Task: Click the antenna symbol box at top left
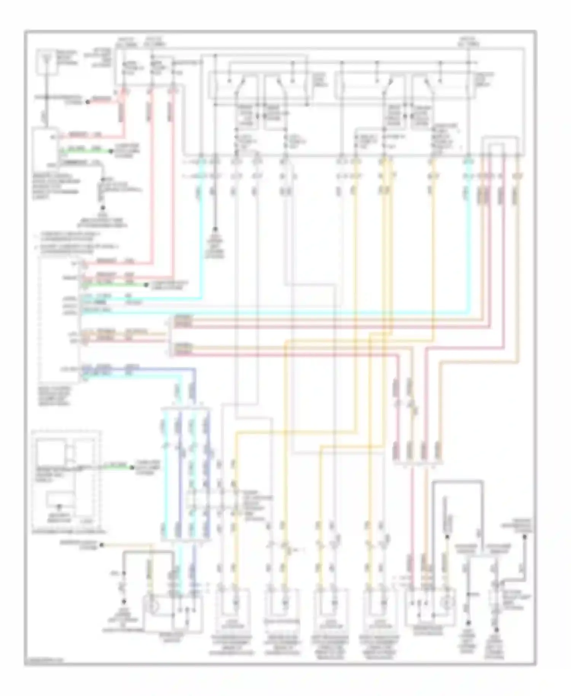coord(46,61)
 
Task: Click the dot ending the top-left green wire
coord(111,152)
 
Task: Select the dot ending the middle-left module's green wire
coord(146,285)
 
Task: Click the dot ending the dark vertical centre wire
coord(215,229)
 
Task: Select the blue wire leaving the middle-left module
coord(152,369)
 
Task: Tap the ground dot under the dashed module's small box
coord(59,507)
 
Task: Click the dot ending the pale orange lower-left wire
coord(102,545)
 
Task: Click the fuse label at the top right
coord(469,42)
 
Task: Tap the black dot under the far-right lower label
coord(525,537)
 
